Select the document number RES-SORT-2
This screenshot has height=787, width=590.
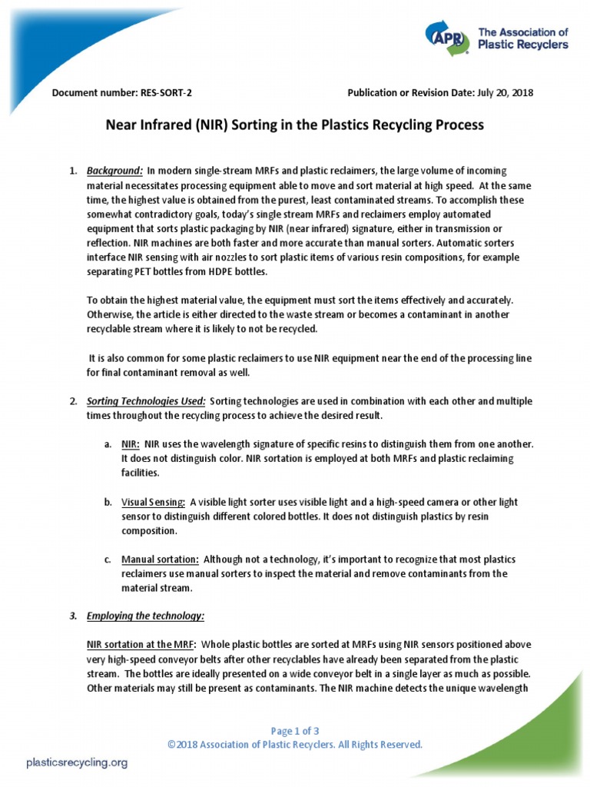166,93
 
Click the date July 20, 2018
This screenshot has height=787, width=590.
505,93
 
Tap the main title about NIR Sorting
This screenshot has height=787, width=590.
294,125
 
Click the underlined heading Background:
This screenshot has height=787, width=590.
114,170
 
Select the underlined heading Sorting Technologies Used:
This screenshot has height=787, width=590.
146,401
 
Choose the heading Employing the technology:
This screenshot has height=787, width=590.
145,616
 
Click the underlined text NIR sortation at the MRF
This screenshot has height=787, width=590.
141,644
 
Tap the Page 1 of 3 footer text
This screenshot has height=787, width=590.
295,731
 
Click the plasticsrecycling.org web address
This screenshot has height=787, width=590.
77,763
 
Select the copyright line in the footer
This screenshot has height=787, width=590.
295,745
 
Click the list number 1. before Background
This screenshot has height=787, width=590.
74,170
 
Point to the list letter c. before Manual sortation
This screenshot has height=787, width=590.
108,559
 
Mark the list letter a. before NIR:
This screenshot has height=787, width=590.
108,445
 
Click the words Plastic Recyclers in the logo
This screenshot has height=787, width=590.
523,45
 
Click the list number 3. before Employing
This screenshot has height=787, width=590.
74,616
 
